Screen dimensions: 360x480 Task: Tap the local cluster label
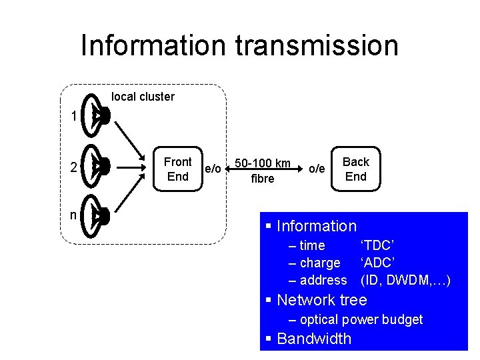[143, 97]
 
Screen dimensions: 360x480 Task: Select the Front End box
[177, 169]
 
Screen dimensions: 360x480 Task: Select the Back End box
[355, 169]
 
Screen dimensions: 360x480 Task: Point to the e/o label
[213, 169]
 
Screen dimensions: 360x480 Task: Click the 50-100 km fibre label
[262, 171]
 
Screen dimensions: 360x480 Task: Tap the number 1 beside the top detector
[73, 117]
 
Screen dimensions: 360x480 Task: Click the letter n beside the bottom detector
[73, 215]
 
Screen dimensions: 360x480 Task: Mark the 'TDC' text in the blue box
[377, 245]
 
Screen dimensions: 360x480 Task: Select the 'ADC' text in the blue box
[378, 263]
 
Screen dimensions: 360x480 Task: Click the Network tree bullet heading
[321, 300]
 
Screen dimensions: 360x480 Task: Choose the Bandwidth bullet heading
[313, 339]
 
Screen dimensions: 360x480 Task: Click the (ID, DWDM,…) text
[405, 280]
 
